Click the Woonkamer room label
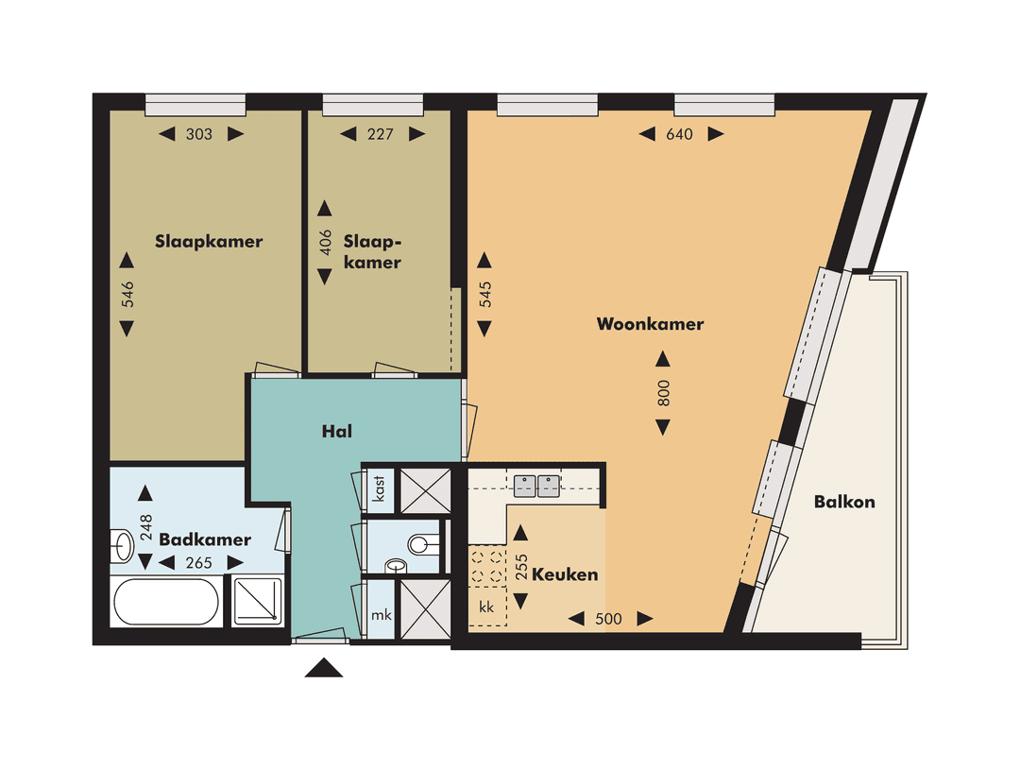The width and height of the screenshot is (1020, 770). pos(650,324)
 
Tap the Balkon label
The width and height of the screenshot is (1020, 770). pos(844,502)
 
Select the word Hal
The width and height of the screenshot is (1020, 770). pos(337,431)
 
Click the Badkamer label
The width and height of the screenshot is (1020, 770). pos(205,539)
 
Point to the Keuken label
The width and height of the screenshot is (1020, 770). pos(565,574)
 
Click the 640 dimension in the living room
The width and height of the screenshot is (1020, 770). pos(679,134)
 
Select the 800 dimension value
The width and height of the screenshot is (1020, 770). pos(663,393)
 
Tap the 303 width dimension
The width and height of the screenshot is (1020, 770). pos(199,134)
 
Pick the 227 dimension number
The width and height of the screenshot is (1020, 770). pos(379,134)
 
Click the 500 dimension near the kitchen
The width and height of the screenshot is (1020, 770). pos(610,619)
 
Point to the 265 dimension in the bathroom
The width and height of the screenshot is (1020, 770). pos(199,563)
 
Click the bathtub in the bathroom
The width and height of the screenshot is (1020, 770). pos(166,602)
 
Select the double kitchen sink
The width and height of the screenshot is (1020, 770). pos(537,486)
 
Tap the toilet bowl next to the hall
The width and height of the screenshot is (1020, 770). pos(421,544)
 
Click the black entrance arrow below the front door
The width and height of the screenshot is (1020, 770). pos(323,668)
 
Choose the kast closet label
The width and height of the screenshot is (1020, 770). pos(379,492)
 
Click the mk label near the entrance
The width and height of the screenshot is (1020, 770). pos(381,615)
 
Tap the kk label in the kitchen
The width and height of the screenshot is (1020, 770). pos(487,606)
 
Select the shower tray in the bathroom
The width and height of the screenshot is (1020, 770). pos(257,601)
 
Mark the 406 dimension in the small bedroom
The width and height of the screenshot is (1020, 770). pos(325,242)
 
